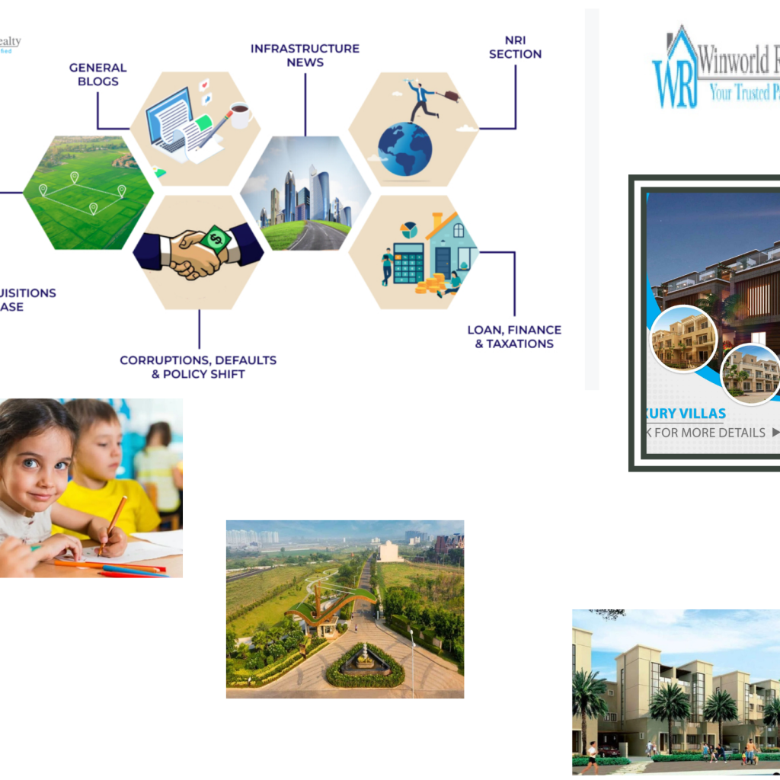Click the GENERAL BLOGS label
(x=97, y=75)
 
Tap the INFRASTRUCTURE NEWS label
(x=305, y=55)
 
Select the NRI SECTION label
(x=515, y=47)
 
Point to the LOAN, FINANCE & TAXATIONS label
(x=514, y=337)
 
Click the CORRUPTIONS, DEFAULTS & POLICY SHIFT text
(x=198, y=366)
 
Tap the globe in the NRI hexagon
(x=404, y=149)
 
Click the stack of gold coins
(x=430, y=285)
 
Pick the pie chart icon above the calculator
(x=409, y=230)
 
